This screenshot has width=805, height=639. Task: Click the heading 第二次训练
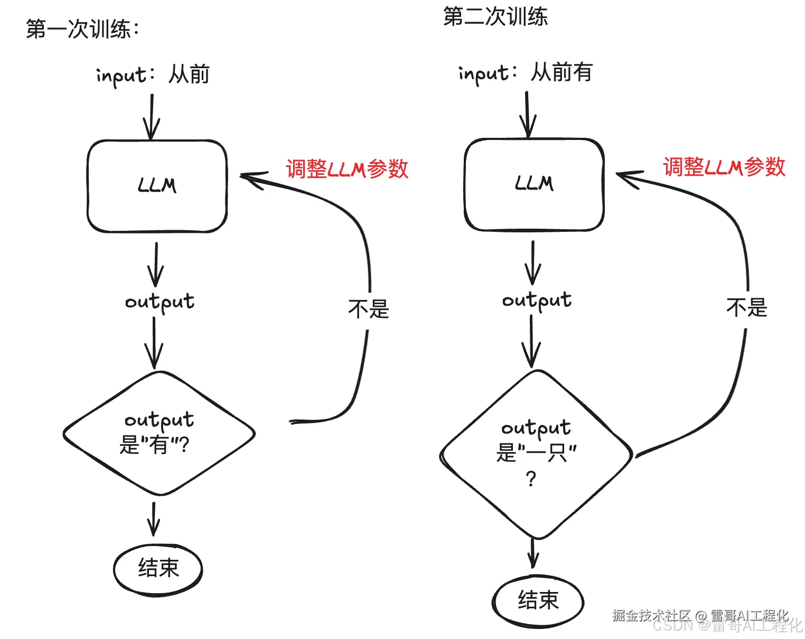pyautogui.click(x=495, y=17)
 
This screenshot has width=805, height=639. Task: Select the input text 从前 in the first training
pyautogui.click(x=189, y=74)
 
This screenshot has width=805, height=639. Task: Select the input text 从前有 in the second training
pyautogui.click(x=561, y=72)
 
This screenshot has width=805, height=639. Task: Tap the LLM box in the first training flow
pyautogui.click(x=157, y=186)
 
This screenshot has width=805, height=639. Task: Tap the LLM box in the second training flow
pyautogui.click(x=534, y=184)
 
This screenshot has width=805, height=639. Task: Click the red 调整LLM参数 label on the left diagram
pyautogui.click(x=347, y=169)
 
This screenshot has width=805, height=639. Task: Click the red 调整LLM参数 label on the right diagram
pyautogui.click(x=724, y=167)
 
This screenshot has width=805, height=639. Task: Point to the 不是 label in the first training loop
pyautogui.click(x=368, y=309)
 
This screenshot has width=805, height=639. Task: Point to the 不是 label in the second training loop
pyautogui.click(x=746, y=307)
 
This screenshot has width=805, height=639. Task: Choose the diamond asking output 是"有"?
pyautogui.click(x=159, y=434)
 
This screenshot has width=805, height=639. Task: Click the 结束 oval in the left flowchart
pyautogui.click(x=158, y=569)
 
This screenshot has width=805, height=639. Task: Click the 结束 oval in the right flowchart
pyautogui.click(x=538, y=600)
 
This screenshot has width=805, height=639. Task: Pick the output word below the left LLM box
pyautogui.click(x=160, y=302)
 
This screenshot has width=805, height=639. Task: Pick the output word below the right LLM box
pyautogui.click(x=537, y=300)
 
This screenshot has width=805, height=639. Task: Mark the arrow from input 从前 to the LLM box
pyautogui.click(x=152, y=116)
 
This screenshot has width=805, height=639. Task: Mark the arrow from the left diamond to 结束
pyautogui.click(x=154, y=519)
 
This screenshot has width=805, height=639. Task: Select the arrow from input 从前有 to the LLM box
pyautogui.click(x=527, y=114)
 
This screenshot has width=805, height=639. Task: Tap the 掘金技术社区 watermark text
pyautogui.click(x=651, y=615)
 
